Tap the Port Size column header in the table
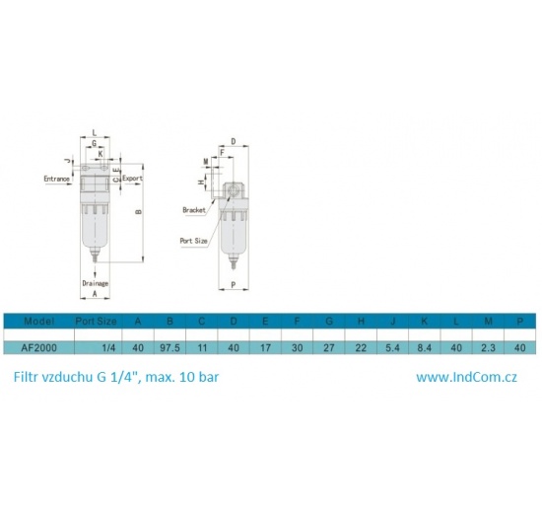(97, 322)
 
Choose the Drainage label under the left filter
(96, 283)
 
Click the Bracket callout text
(193, 210)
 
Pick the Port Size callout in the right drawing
(193, 240)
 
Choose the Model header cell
(38, 322)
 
